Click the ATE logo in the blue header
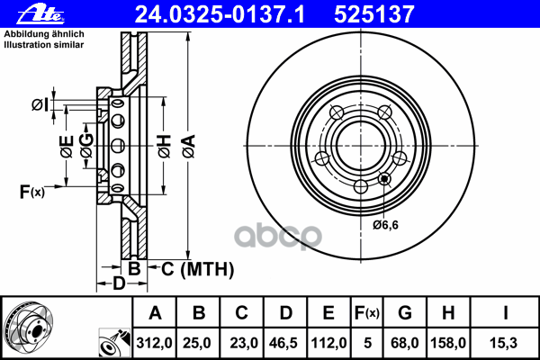(40, 15)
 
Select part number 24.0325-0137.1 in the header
(220, 14)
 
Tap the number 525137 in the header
(374, 14)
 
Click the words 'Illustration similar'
(44, 45)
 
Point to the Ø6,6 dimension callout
(385, 225)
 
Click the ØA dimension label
(189, 147)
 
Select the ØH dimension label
(165, 147)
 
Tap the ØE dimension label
(67, 147)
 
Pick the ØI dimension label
(40, 104)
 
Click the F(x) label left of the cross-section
(31, 192)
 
